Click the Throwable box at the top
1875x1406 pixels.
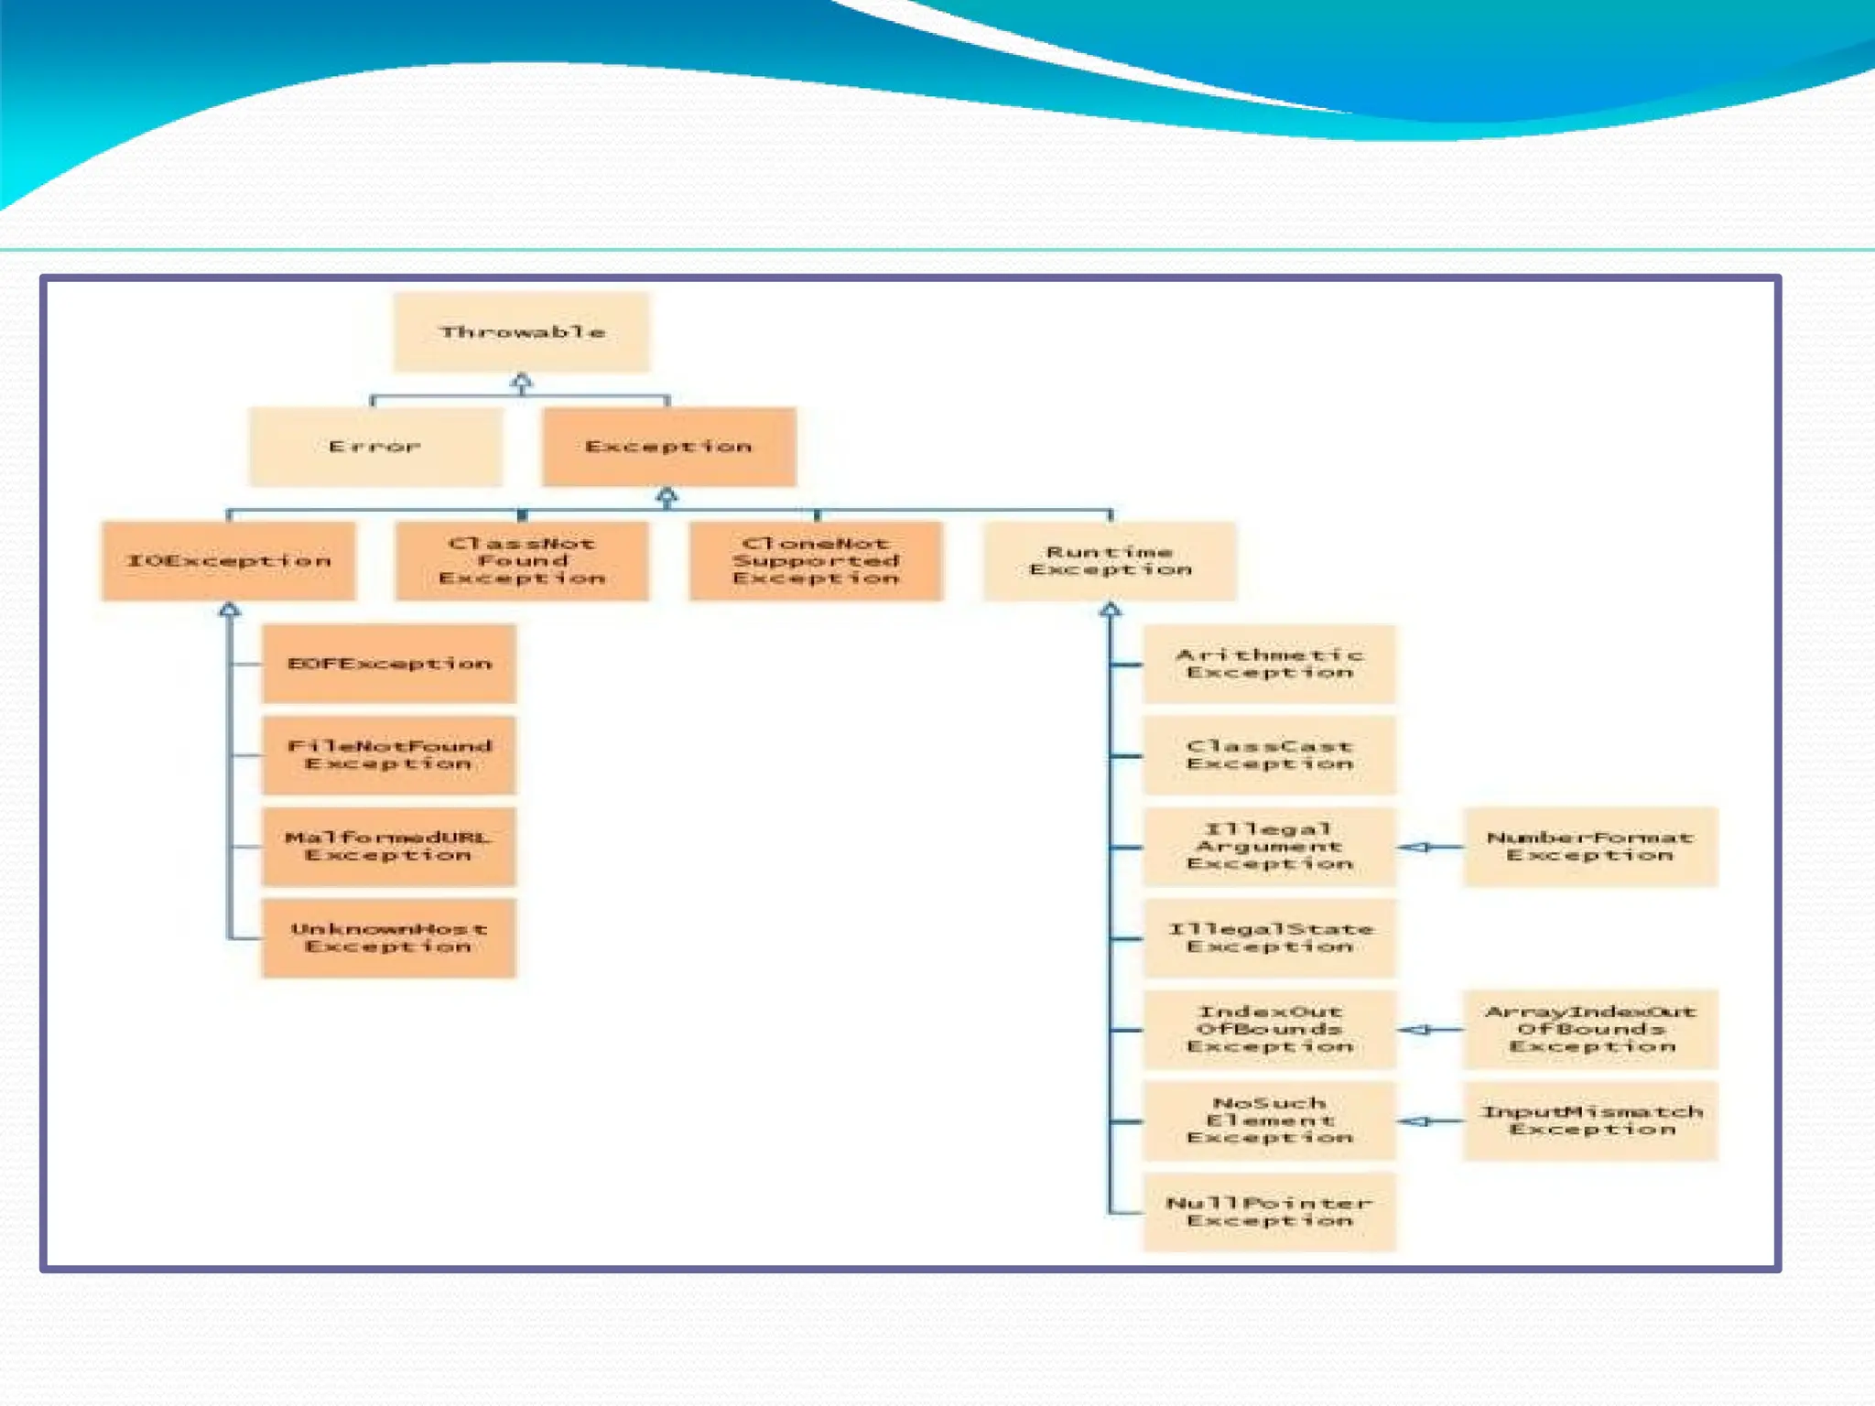pyautogui.click(x=522, y=332)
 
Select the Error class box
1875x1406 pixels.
pyautogui.click(x=375, y=447)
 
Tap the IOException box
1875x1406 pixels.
pyautogui.click(x=229, y=561)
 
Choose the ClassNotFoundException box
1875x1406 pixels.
pyautogui.click(x=522, y=561)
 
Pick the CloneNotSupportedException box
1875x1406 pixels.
pyautogui.click(x=816, y=561)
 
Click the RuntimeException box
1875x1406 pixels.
pyautogui.click(x=1110, y=561)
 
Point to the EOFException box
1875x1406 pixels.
pyautogui.click(x=389, y=664)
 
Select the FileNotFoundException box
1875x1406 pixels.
pyautogui.click(x=389, y=755)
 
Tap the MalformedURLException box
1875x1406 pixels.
pyautogui.click(x=389, y=847)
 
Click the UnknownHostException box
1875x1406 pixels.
pyautogui.click(x=389, y=938)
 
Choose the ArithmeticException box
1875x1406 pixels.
pyautogui.click(x=1270, y=664)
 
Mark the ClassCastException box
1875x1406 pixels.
pyautogui.click(x=1270, y=755)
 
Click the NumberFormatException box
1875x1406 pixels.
pyautogui.click(x=1590, y=847)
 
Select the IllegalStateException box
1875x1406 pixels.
pyautogui.click(x=1270, y=938)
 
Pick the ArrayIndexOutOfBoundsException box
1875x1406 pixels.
pyautogui.click(x=1590, y=1030)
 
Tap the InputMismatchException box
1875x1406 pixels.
pyautogui.click(x=1590, y=1121)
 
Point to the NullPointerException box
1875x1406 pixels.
pyautogui.click(x=1270, y=1212)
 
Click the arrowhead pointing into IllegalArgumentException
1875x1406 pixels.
pyautogui.click(x=1415, y=848)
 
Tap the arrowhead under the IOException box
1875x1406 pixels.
pyautogui.click(x=230, y=610)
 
